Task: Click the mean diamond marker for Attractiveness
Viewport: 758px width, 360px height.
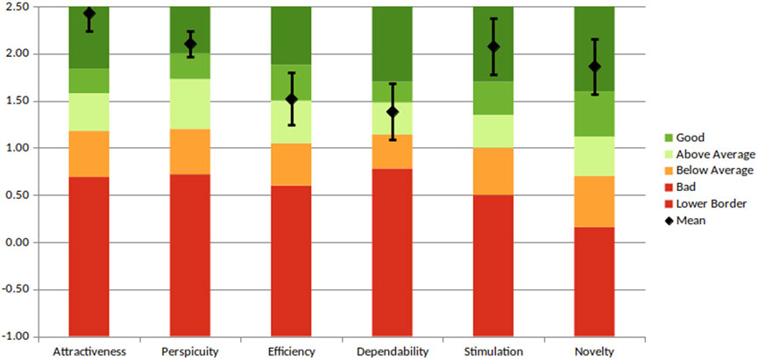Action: [x=89, y=14]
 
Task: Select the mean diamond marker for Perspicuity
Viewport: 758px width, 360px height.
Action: [x=190, y=44]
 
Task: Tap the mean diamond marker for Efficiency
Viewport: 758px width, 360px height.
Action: [x=292, y=99]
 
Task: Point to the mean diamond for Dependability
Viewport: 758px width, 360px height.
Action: [x=393, y=111]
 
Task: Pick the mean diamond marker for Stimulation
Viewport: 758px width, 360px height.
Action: [x=494, y=46]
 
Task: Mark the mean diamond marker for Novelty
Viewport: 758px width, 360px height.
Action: [x=595, y=67]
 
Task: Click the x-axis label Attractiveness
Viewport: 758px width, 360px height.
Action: [x=89, y=351]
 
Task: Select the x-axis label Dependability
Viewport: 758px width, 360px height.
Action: [x=393, y=351]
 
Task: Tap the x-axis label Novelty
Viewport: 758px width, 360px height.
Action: [x=595, y=351]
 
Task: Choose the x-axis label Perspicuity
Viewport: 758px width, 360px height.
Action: [x=190, y=351]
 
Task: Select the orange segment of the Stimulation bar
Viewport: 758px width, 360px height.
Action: [x=494, y=172]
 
